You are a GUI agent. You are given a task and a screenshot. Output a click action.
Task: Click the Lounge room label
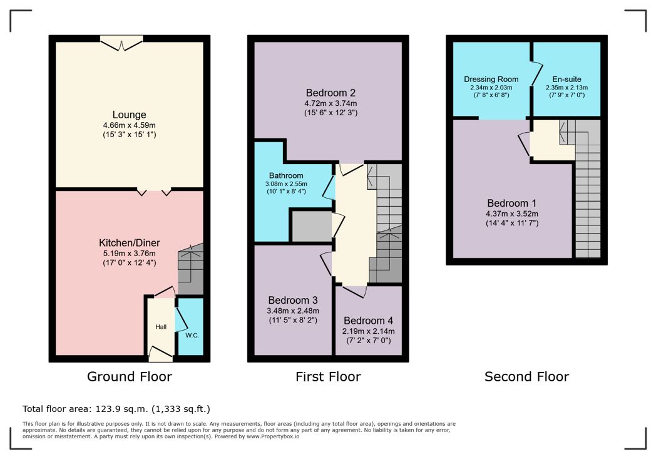point(130,115)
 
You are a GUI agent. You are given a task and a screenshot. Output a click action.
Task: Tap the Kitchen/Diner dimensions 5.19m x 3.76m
point(130,253)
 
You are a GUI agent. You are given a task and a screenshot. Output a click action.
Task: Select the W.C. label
point(192,335)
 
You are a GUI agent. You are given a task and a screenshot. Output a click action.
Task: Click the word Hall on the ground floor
point(161,327)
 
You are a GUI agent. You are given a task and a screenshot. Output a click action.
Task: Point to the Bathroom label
point(286,176)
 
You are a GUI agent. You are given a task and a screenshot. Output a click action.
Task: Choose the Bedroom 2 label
point(331,93)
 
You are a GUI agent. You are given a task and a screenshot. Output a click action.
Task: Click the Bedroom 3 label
point(293,300)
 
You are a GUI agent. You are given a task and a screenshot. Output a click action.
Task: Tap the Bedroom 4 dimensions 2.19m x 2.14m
point(368,331)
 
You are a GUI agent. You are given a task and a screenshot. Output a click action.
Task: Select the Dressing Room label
point(491,79)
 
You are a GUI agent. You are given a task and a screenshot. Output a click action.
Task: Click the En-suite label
point(566,79)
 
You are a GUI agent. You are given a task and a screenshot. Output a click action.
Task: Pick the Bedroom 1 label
point(511,204)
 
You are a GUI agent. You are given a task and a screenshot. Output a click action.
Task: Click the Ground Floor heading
point(130,376)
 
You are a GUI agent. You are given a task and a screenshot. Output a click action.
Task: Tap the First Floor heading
point(328,376)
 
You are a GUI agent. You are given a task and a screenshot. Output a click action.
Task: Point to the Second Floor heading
point(526,376)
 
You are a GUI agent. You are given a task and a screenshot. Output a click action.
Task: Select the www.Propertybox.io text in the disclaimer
point(273,436)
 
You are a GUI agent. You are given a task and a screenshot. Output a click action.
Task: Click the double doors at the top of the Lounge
point(121,43)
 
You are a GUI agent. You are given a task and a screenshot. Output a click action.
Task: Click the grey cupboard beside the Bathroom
point(312,226)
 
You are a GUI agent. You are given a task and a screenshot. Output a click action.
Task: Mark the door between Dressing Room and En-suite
point(536,75)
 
